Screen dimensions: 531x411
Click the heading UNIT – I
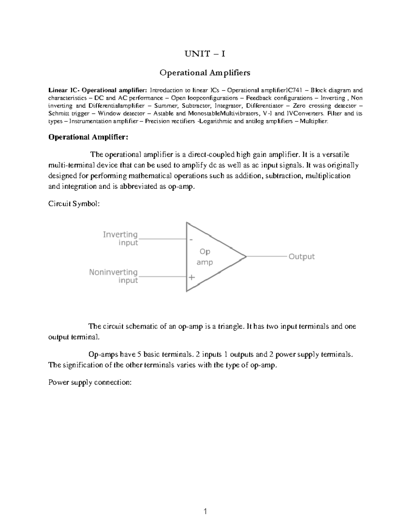[x=205, y=54]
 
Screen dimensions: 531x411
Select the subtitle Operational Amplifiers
[x=205, y=73]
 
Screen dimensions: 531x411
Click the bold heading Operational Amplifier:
[x=88, y=137]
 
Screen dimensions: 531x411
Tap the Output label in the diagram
[x=301, y=256]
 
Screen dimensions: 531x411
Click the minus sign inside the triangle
[x=191, y=240]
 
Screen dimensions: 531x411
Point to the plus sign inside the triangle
[x=191, y=277]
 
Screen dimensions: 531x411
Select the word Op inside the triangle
[x=205, y=252]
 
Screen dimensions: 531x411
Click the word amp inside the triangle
[x=205, y=262]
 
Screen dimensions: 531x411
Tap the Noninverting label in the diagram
[x=113, y=272]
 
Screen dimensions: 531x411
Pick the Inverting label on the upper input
[x=120, y=235]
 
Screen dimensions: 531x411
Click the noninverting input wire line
[x=162, y=276]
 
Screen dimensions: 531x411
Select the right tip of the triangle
[x=246, y=256]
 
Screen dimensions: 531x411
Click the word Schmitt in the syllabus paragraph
[x=59, y=114]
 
